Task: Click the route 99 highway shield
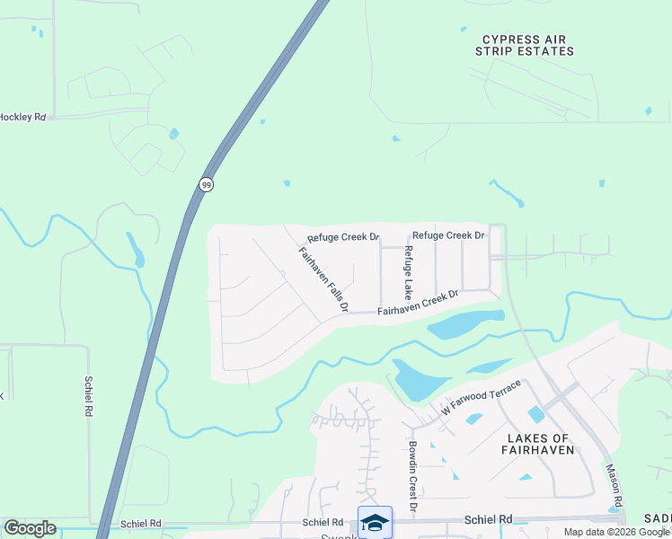(207, 184)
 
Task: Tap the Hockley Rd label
(22, 117)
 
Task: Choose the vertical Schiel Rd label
(91, 395)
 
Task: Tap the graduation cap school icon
(375, 522)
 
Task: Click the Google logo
(29, 528)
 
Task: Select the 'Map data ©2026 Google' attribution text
(615, 532)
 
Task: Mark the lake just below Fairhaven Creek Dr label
(465, 324)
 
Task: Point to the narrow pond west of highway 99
(135, 250)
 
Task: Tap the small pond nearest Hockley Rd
(173, 134)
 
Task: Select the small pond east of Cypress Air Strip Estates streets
(648, 111)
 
